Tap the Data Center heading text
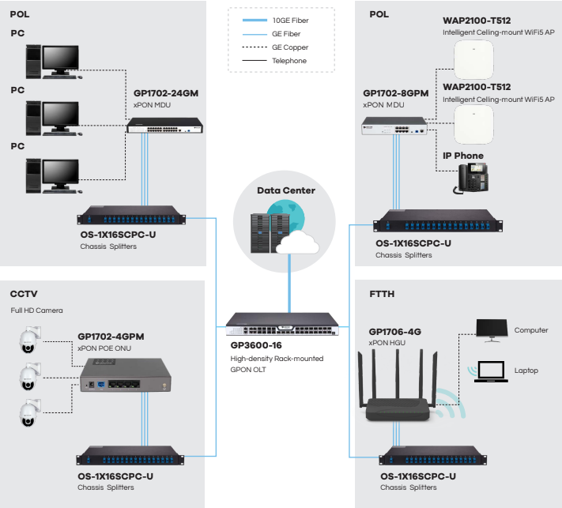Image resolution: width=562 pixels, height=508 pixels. point(286,190)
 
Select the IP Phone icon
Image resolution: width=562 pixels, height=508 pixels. point(471,179)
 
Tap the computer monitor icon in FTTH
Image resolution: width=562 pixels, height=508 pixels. point(492,330)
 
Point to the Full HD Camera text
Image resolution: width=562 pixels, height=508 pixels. point(36,310)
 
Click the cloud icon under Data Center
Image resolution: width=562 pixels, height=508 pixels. point(293,241)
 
